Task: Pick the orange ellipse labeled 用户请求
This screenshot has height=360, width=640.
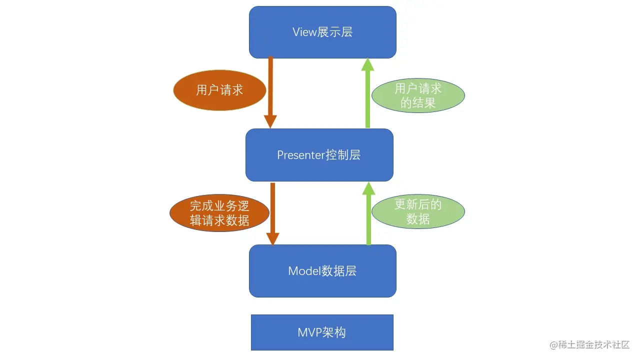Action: point(219,90)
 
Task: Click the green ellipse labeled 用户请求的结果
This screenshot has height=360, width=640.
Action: point(418,96)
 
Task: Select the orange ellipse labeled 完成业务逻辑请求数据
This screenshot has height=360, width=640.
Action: point(219,213)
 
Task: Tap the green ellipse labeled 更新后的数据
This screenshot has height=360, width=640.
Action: point(418,212)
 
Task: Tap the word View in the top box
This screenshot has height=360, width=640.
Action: point(304,32)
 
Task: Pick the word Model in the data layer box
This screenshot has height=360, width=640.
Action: point(303,271)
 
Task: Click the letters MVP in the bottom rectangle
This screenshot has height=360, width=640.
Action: point(309,332)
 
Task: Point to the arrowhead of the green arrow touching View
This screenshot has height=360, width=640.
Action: point(368,64)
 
